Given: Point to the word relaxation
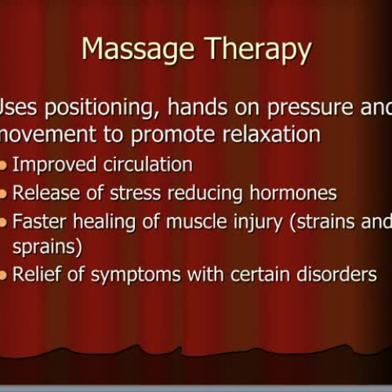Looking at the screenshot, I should coord(269,135).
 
